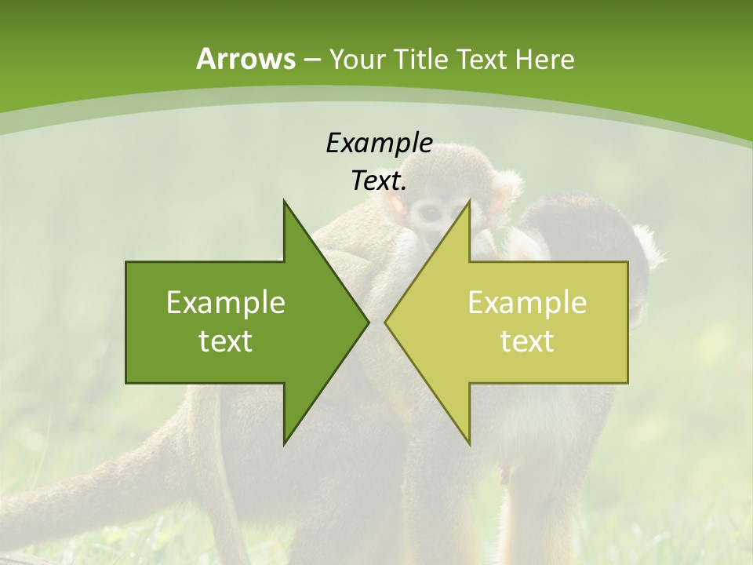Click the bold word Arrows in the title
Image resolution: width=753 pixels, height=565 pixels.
tap(246, 59)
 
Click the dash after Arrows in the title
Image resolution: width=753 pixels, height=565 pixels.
tap(312, 60)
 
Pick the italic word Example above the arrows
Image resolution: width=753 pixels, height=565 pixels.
tap(379, 144)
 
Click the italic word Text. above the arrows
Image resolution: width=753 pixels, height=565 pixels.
tap(379, 180)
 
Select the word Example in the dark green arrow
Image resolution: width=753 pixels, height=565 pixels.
tap(226, 303)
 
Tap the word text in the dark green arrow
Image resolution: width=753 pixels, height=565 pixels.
tap(226, 341)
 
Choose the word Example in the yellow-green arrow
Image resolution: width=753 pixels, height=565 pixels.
tap(527, 303)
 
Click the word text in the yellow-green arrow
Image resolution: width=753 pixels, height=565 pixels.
tap(527, 341)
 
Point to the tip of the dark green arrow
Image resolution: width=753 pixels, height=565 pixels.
tap(368, 323)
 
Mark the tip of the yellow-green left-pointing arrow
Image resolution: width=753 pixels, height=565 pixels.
tap(385, 323)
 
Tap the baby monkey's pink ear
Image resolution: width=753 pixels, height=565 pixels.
tap(398, 206)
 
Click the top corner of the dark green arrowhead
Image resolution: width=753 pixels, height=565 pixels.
tap(285, 201)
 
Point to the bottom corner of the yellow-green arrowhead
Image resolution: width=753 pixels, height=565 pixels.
tap(469, 443)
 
